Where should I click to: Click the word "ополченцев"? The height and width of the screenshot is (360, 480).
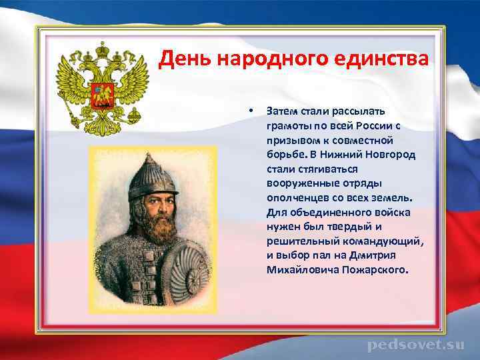pos(296,198)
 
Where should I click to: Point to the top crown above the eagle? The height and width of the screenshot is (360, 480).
pos(102,50)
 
